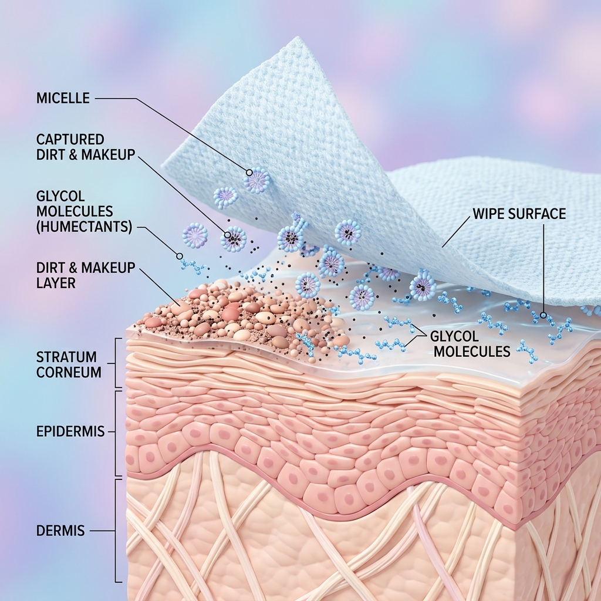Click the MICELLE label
point(63,98)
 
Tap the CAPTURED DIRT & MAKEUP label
point(86,147)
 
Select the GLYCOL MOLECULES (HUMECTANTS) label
point(85,211)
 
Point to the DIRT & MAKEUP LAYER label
point(86,275)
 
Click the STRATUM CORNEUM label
point(69,364)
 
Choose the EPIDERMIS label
point(70,431)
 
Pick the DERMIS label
point(60,531)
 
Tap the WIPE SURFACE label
point(519,214)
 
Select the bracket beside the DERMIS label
point(116,531)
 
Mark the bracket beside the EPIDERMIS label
point(116,433)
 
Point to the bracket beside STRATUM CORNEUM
point(116,363)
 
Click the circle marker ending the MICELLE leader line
point(249,173)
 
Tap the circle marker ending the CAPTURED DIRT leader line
point(227,235)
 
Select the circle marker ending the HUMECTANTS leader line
point(179,256)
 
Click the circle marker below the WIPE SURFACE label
point(543,315)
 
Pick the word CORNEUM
point(69,372)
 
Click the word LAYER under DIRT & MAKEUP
point(56,283)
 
